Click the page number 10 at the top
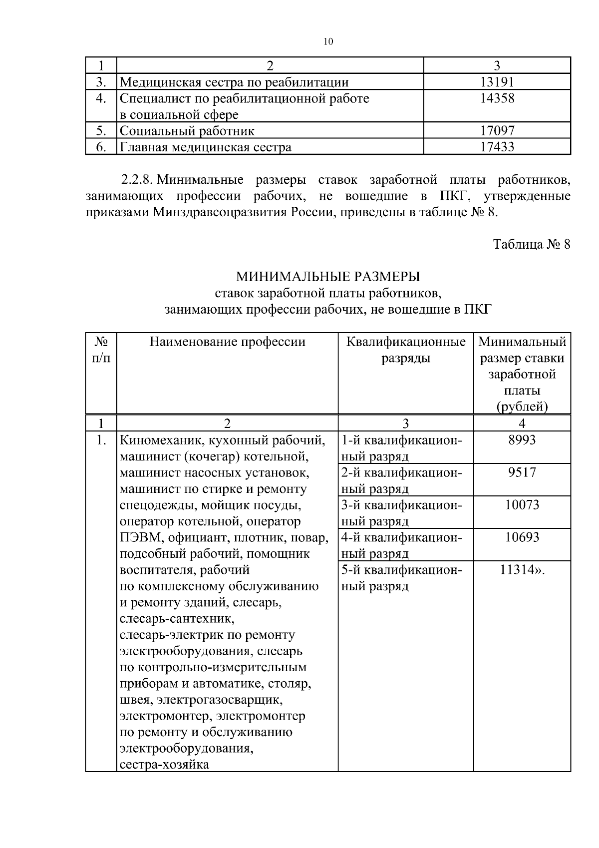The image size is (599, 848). (x=328, y=42)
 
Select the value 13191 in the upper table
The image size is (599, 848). (x=497, y=82)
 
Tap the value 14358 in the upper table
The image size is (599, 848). (x=497, y=98)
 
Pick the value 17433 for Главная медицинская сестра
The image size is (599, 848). (x=497, y=147)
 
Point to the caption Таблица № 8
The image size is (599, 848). (x=531, y=245)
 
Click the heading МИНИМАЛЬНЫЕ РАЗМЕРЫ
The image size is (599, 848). (x=328, y=276)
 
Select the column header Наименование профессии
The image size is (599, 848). (x=227, y=342)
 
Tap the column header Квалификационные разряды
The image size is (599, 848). (x=405, y=350)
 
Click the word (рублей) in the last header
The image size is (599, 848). (x=522, y=407)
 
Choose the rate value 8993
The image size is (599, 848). (x=522, y=440)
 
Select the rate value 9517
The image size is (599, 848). (x=522, y=472)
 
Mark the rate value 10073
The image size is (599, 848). (x=522, y=505)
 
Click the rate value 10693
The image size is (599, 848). (x=522, y=537)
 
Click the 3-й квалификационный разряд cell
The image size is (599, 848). (x=402, y=512)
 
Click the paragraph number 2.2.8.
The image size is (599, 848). (x=137, y=179)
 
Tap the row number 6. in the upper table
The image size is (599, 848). (x=101, y=147)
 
